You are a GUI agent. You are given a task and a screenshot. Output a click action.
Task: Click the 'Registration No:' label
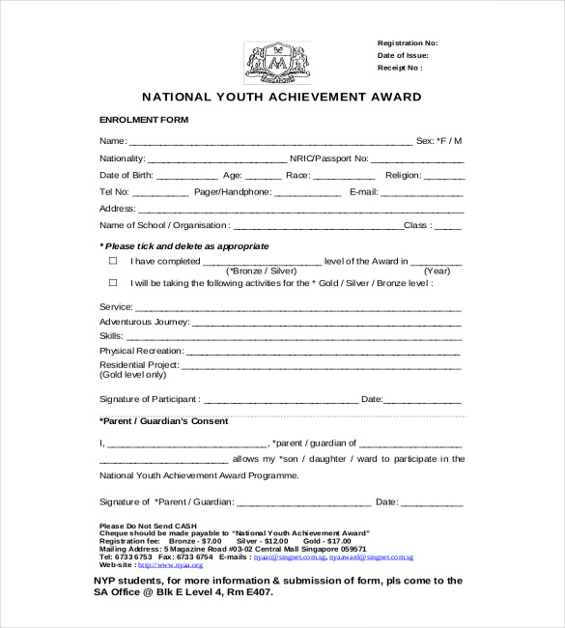pos(407,43)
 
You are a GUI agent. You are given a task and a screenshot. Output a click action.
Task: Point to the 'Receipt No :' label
pos(399,69)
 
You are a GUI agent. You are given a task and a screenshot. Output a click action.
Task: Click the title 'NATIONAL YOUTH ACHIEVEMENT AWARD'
pos(282,97)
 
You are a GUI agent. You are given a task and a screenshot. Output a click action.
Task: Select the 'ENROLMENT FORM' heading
pos(145,119)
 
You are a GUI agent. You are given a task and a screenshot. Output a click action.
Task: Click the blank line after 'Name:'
pos(269,143)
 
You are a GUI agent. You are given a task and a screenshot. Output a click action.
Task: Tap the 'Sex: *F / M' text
pos(439,141)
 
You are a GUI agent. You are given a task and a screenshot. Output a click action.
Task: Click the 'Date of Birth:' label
pos(127,175)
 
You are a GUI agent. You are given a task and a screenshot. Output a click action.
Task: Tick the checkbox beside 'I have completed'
pos(112,261)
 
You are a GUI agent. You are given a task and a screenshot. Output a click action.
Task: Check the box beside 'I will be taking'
pos(112,283)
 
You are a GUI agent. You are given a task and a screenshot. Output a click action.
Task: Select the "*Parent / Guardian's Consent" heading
pos(164,421)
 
